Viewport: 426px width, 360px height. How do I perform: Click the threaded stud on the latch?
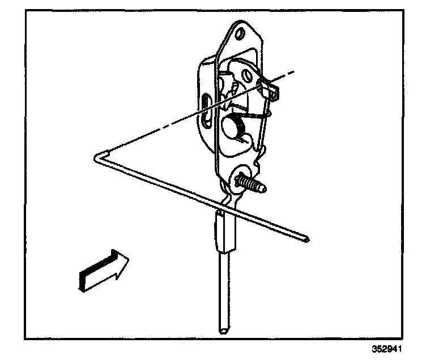[x=253, y=184]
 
